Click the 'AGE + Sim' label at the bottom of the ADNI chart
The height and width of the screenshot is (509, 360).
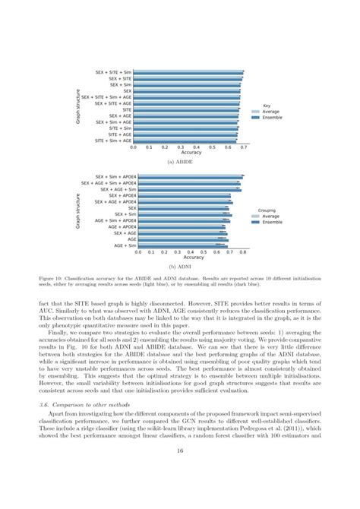click(x=125, y=245)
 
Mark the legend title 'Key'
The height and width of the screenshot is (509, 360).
click(x=267, y=106)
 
